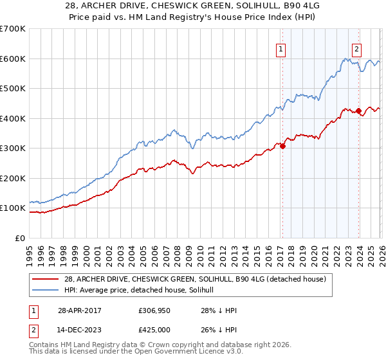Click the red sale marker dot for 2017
[282, 146]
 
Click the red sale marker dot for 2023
[358, 111]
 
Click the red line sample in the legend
[46, 279]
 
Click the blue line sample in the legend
[46, 290]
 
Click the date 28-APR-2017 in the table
[81, 310]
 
